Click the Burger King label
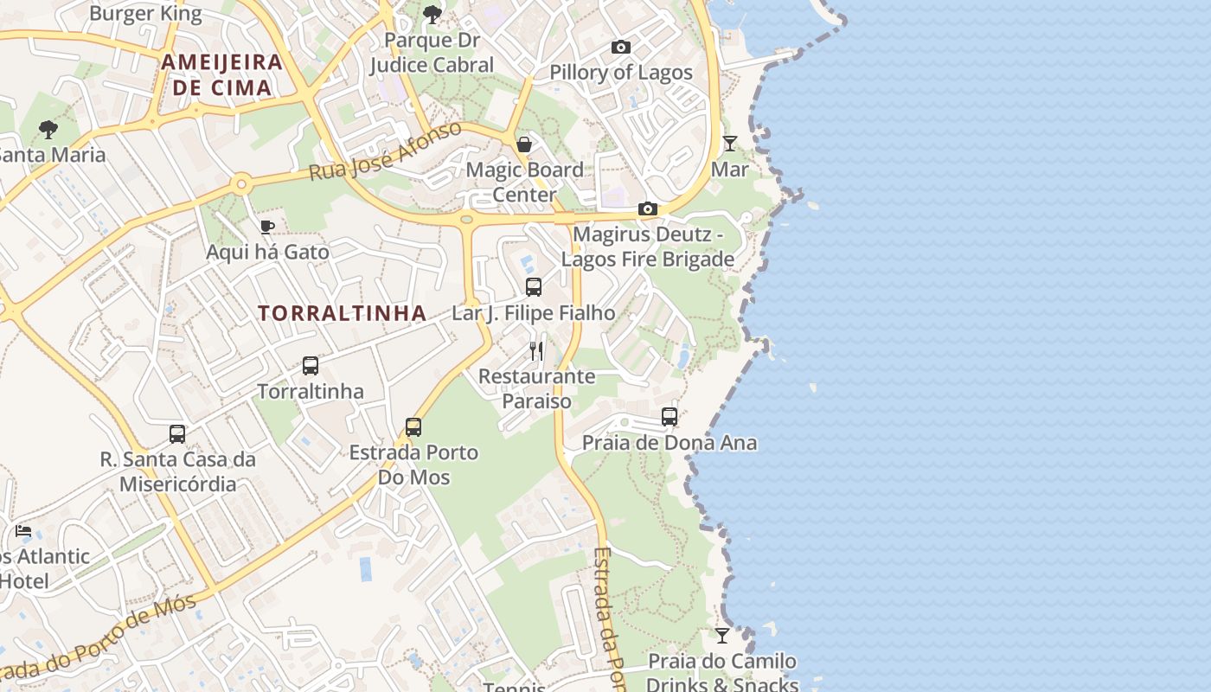(x=145, y=14)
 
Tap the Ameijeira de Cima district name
(x=222, y=74)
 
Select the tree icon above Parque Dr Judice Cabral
(x=432, y=14)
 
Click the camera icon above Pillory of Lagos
(x=621, y=48)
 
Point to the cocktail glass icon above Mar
(x=730, y=144)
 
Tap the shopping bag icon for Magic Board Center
(x=524, y=144)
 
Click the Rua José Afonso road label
(x=386, y=152)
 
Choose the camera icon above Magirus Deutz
(x=648, y=209)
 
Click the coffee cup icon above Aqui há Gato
(x=267, y=227)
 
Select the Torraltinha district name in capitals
(x=343, y=313)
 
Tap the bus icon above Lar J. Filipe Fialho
(x=534, y=287)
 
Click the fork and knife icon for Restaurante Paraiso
(x=536, y=350)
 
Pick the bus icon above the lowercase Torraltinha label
(x=311, y=366)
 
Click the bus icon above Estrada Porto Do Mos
(x=413, y=427)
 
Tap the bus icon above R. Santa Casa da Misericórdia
(x=177, y=434)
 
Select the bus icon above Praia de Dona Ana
(x=670, y=417)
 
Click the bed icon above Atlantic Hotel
(x=24, y=530)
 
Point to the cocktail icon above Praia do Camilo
(x=722, y=636)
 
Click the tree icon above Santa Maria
(x=48, y=130)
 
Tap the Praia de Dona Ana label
(x=670, y=443)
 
